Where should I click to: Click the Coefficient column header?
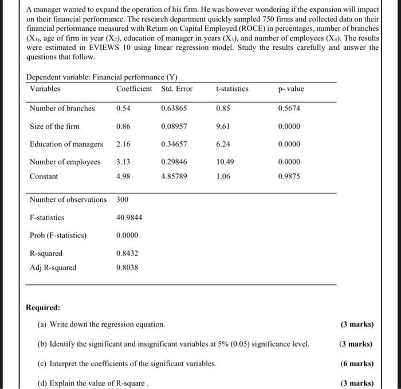134,89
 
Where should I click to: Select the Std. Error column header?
177,89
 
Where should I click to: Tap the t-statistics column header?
232,89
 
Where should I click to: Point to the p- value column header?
291,89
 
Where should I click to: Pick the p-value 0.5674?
289,108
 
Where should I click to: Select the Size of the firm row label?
54,126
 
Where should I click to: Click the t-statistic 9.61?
223,126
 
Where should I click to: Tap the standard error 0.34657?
174,144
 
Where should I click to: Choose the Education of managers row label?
66,144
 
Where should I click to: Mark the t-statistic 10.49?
225,162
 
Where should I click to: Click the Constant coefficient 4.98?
123,176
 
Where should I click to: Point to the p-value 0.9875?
289,176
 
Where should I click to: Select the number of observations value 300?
122,200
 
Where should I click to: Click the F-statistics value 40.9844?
129,218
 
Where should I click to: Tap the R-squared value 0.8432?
127,253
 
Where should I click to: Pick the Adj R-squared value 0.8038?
127,267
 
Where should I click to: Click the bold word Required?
43,307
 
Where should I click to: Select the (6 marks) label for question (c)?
356,363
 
